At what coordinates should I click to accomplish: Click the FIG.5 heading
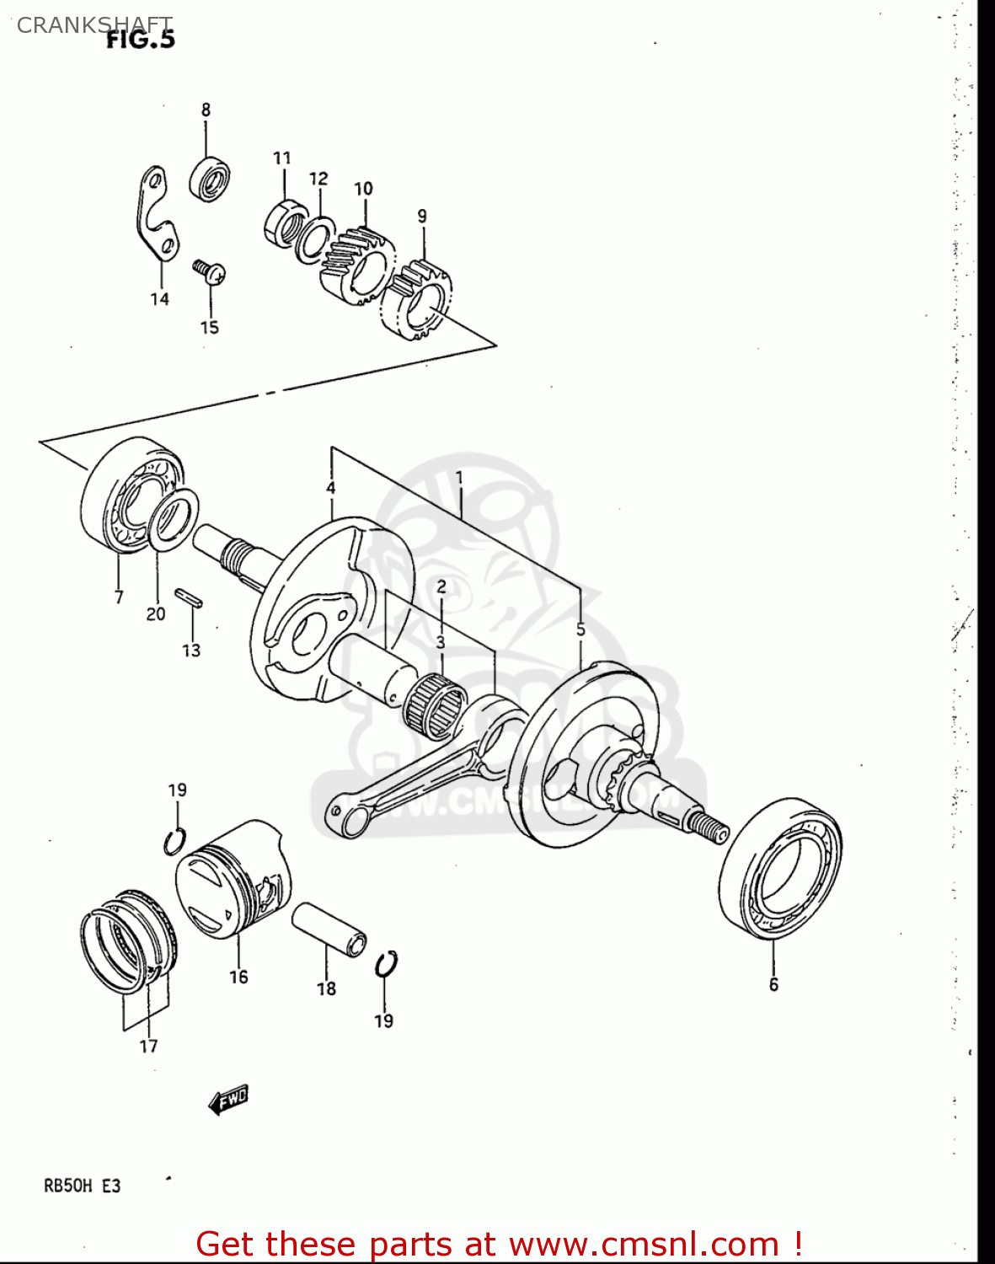tap(140, 40)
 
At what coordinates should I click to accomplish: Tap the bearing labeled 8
tap(210, 178)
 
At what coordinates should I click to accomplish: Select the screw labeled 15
tap(209, 271)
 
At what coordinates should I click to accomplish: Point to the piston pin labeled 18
tap(329, 929)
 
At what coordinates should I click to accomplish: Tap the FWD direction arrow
tap(228, 1100)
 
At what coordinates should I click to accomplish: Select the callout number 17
tap(148, 1047)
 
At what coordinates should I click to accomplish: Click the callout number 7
tap(119, 597)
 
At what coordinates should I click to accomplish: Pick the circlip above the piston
tap(174, 841)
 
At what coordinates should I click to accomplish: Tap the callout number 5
tap(580, 629)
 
